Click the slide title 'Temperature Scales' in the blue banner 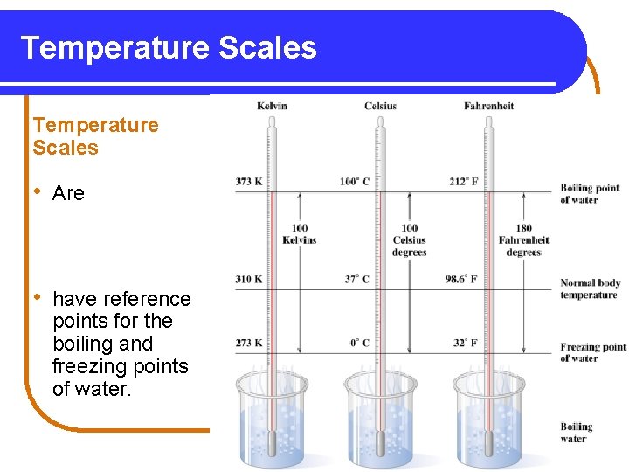pos(169,47)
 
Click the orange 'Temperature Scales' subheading pos(96,136)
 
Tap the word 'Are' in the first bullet pos(68,193)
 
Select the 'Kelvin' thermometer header pos(272,107)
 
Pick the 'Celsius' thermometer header pos(381,107)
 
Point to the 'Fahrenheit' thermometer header pos(488,107)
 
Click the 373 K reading pos(249,182)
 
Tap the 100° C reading pos(355,182)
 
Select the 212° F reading pos(462,182)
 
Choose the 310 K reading pos(249,280)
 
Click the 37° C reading pos(356,280)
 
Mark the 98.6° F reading pos(460,280)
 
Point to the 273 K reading pos(249,343)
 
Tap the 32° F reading pos(464,343)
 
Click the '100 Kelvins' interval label pos(299,234)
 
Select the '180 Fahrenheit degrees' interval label pos(523,240)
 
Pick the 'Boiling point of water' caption pos(590,193)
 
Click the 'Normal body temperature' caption pos(590,288)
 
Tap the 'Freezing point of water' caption pos(593,352)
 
